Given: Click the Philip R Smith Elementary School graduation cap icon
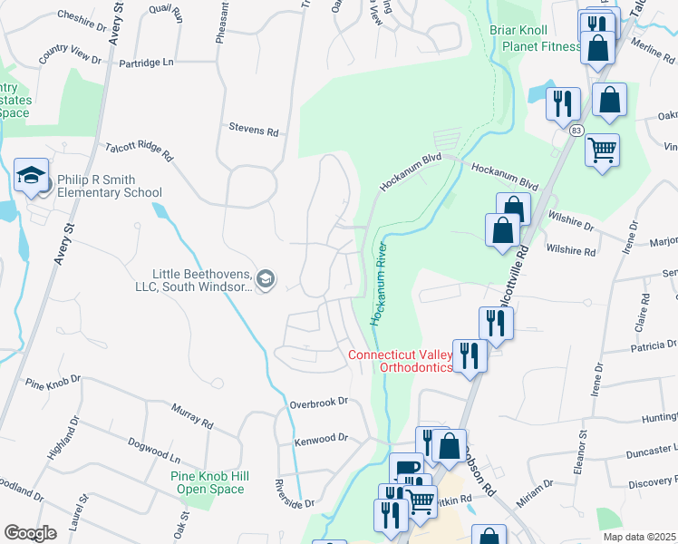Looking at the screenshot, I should pos(31,176).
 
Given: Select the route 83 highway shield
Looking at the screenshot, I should pos(576,131).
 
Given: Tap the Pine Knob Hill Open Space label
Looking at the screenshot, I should pos(208,482).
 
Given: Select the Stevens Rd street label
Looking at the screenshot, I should pos(253,131).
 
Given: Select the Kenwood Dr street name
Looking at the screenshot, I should pos(321,438).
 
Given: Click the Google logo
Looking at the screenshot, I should pos(31,533).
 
